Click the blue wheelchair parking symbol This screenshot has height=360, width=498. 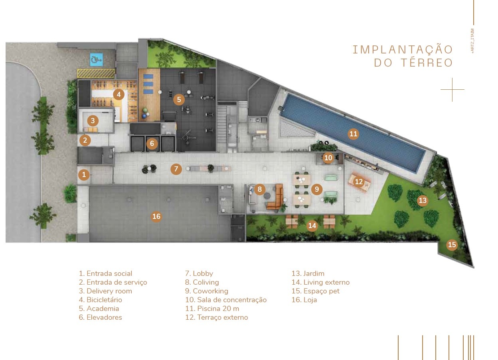point(96,59)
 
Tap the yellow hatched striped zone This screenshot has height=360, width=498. point(96,73)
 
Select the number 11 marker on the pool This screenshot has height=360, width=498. point(353,134)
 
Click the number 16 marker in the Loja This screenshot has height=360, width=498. point(156,216)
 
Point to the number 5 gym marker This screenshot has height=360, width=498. point(179,100)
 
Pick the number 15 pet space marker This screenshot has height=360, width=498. point(452,245)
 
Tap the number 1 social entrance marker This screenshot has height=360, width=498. point(84,175)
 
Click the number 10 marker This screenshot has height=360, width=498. point(328,158)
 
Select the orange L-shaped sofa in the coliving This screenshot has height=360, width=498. point(276,197)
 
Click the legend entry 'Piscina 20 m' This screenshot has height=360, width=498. point(212,309)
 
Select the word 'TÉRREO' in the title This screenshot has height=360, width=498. point(427,63)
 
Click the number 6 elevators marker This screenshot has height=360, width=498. point(152,143)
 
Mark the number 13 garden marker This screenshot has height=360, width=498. point(423,201)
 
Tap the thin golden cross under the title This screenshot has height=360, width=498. point(453,89)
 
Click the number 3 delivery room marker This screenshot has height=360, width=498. point(93,120)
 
